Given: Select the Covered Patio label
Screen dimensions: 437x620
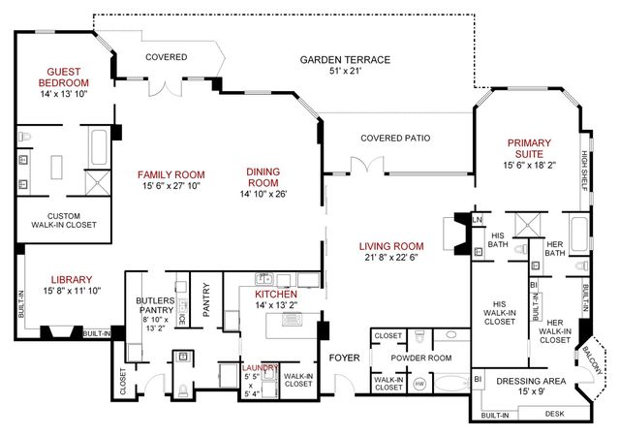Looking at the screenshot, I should [x=395, y=138].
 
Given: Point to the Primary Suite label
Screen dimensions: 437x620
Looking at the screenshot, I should [x=535, y=148].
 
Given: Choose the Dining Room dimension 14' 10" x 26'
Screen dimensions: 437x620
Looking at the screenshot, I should [x=263, y=193].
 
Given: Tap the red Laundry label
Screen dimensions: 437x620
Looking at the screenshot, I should [x=262, y=368].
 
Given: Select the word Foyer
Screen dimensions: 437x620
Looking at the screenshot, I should [x=343, y=357].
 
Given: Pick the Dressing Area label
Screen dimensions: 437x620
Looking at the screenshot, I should [x=531, y=381].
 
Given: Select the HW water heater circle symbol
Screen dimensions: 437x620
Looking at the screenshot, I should [x=419, y=384].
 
